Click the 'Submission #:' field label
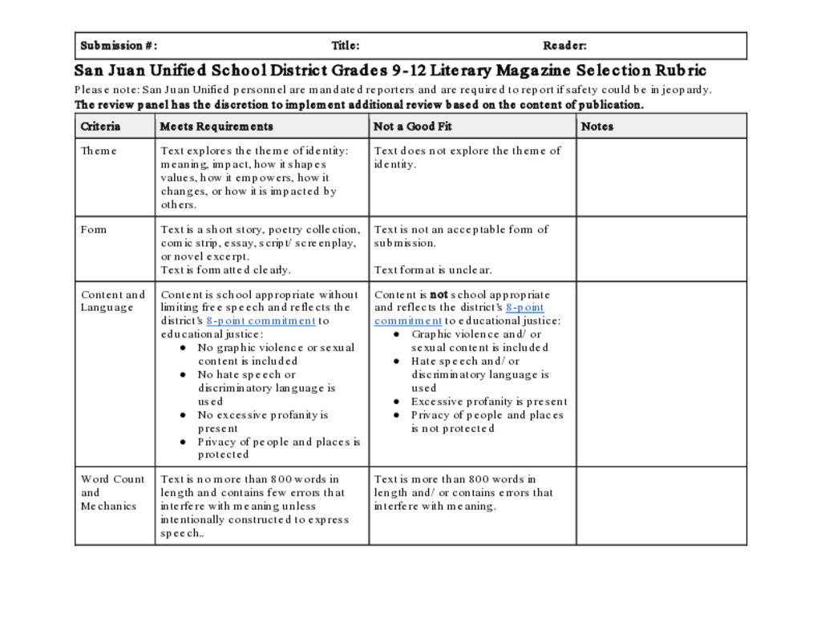(x=119, y=46)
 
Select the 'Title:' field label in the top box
(x=346, y=46)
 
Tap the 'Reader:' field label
(x=564, y=46)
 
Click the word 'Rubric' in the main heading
(x=679, y=71)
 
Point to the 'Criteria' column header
(x=100, y=126)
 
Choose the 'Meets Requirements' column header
(x=216, y=126)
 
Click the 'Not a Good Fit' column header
(x=413, y=126)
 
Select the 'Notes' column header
(x=597, y=126)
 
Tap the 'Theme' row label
(x=99, y=151)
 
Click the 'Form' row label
(x=93, y=229)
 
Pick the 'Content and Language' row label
(x=112, y=301)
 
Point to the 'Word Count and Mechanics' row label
(x=112, y=492)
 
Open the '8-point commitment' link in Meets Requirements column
(x=261, y=321)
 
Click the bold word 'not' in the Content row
(x=439, y=294)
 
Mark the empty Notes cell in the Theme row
(x=661, y=177)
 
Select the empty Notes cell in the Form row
(x=661, y=248)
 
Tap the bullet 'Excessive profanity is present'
(x=489, y=402)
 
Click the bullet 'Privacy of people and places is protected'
(x=279, y=448)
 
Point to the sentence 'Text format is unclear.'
(x=433, y=270)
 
